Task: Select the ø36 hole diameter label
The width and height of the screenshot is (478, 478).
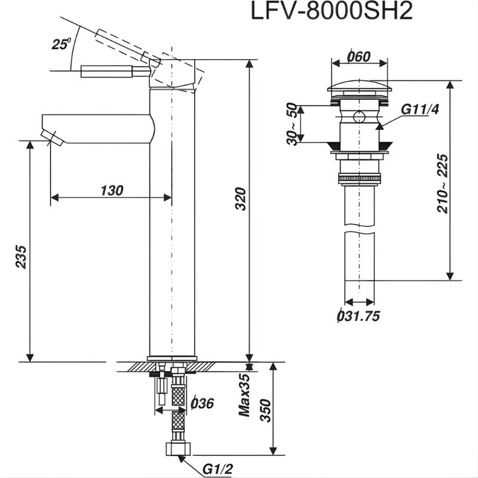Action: tap(202, 403)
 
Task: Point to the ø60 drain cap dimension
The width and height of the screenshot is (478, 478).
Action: tap(358, 57)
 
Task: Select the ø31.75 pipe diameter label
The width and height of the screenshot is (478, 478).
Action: tap(358, 317)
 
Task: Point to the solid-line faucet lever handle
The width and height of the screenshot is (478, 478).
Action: tap(114, 72)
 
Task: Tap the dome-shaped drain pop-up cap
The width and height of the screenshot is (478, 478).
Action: tap(360, 87)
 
